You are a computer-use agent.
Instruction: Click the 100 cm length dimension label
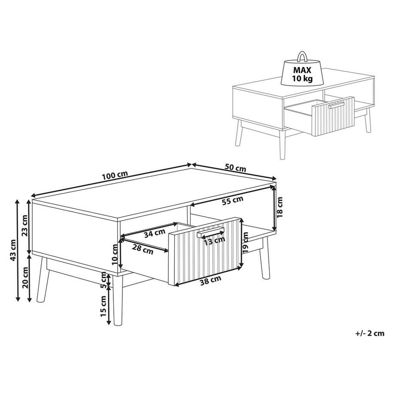pyautogui.click(x=115, y=175)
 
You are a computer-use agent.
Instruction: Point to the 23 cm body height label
pyautogui.click(x=24, y=231)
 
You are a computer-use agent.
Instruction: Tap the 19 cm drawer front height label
pyautogui.click(x=245, y=241)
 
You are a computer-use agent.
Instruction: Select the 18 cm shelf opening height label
pyautogui.click(x=280, y=207)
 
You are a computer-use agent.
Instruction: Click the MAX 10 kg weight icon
pyautogui.click(x=302, y=71)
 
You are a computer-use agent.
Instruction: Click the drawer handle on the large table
pyautogui.click(x=211, y=232)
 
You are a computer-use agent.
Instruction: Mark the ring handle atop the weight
pyautogui.click(x=302, y=56)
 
